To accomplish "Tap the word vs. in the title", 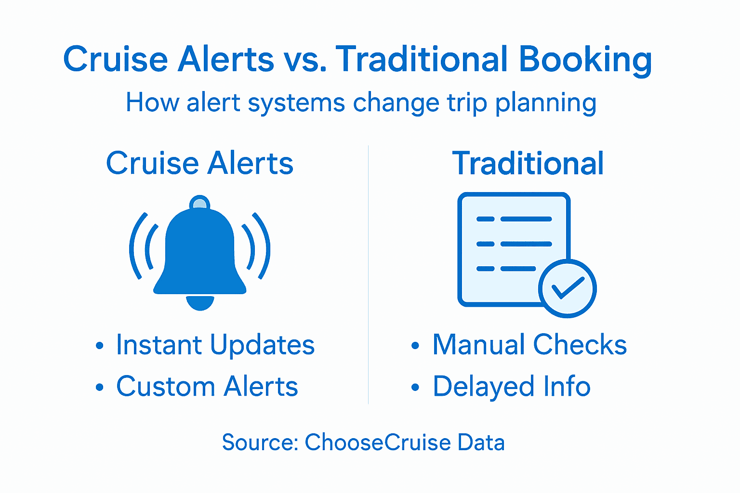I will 305,60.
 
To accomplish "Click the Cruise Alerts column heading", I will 199,163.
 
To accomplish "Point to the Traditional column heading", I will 528,163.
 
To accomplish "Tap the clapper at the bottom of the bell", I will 200,303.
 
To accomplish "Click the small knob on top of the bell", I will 199,202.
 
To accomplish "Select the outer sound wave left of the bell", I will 135,246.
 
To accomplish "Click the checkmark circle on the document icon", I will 567,288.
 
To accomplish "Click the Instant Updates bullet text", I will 215,345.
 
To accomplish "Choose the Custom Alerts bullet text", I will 207,386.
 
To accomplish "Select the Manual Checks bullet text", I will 529,345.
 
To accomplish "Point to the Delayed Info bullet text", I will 512,386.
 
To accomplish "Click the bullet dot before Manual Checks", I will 415,346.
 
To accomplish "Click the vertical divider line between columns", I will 369,274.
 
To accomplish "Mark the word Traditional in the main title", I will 421,60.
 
